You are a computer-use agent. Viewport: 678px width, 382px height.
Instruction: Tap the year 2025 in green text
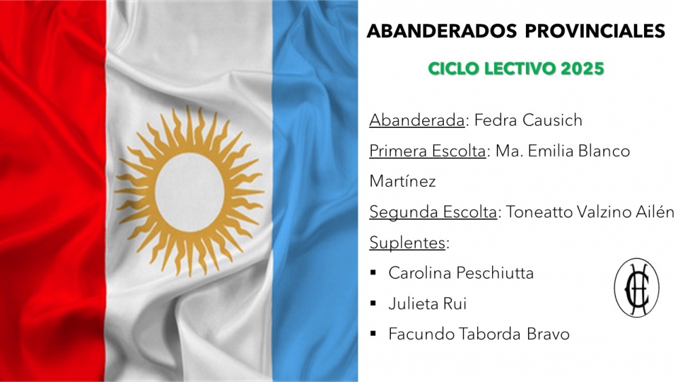point(582,69)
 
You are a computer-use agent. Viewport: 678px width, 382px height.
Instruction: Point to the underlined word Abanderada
point(417,120)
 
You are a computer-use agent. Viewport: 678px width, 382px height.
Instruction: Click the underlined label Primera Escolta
point(428,151)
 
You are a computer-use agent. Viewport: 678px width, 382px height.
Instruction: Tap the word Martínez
point(402,181)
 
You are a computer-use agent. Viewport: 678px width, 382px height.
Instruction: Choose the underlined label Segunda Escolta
point(433,212)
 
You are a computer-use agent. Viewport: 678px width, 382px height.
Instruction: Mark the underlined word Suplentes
point(407,243)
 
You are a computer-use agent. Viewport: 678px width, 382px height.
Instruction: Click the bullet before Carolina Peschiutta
point(373,273)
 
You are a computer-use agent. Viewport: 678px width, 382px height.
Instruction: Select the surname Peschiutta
point(495,273)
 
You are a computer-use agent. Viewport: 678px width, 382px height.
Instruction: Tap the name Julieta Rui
point(427,304)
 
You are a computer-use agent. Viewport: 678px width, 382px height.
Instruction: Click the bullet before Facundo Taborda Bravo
point(373,334)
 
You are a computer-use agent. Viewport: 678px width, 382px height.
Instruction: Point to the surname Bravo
point(548,334)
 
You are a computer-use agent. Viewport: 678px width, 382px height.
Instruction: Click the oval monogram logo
point(637,288)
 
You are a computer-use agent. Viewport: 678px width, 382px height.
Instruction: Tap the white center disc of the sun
point(189,192)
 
